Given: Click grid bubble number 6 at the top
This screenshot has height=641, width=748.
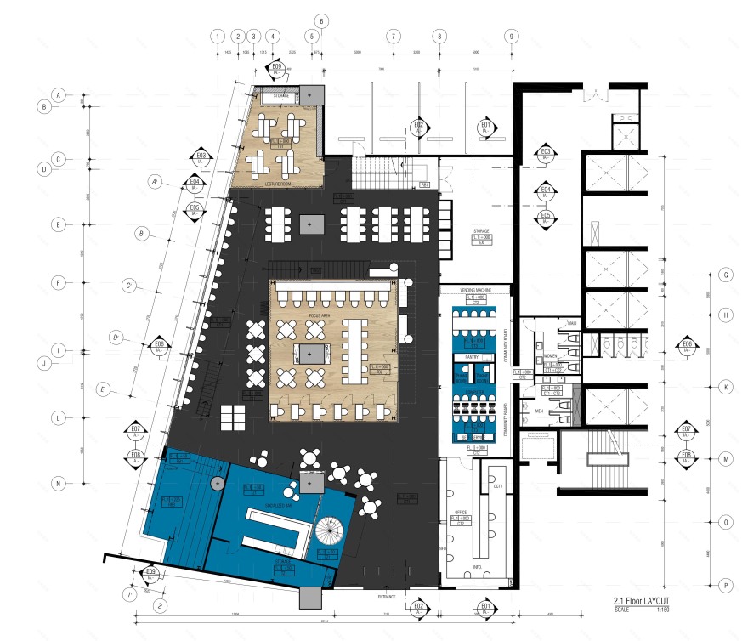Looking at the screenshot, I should tap(321, 20).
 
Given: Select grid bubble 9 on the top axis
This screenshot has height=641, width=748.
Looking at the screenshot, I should tap(511, 37).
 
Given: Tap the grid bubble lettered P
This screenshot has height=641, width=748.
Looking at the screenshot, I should tap(726, 585).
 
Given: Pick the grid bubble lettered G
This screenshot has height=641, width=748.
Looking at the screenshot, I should tap(726, 275).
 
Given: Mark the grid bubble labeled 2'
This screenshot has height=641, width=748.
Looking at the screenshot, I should tap(161, 606).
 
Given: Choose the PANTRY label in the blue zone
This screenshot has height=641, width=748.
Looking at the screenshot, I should tap(473, 358).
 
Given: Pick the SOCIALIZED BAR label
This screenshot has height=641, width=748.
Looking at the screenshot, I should tap(279, 505).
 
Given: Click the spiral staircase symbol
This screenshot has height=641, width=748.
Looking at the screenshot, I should tap(328, 534).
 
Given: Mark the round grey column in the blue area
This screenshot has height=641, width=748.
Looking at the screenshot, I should tap(218, 483).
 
